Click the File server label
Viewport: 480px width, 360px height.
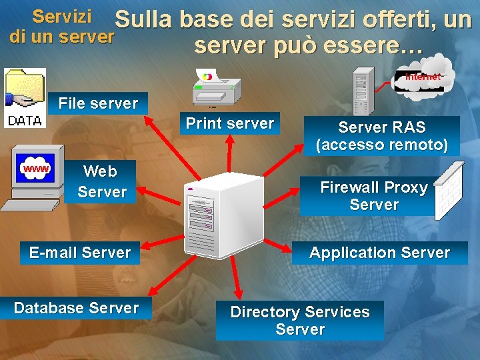point(98,103)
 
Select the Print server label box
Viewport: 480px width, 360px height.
point(229,124)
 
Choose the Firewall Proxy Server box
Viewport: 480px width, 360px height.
point(373,196)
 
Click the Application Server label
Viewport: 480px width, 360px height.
point(379,253)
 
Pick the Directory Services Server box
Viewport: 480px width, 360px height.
point(299,321)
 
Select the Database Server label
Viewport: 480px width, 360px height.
point(76,308)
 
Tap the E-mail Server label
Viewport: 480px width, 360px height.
point(79,253)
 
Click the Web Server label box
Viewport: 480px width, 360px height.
point(101,181)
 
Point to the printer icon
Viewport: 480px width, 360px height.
point(216,87)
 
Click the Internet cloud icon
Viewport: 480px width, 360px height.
point(424,75)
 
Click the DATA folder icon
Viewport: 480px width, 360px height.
point(24,97)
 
